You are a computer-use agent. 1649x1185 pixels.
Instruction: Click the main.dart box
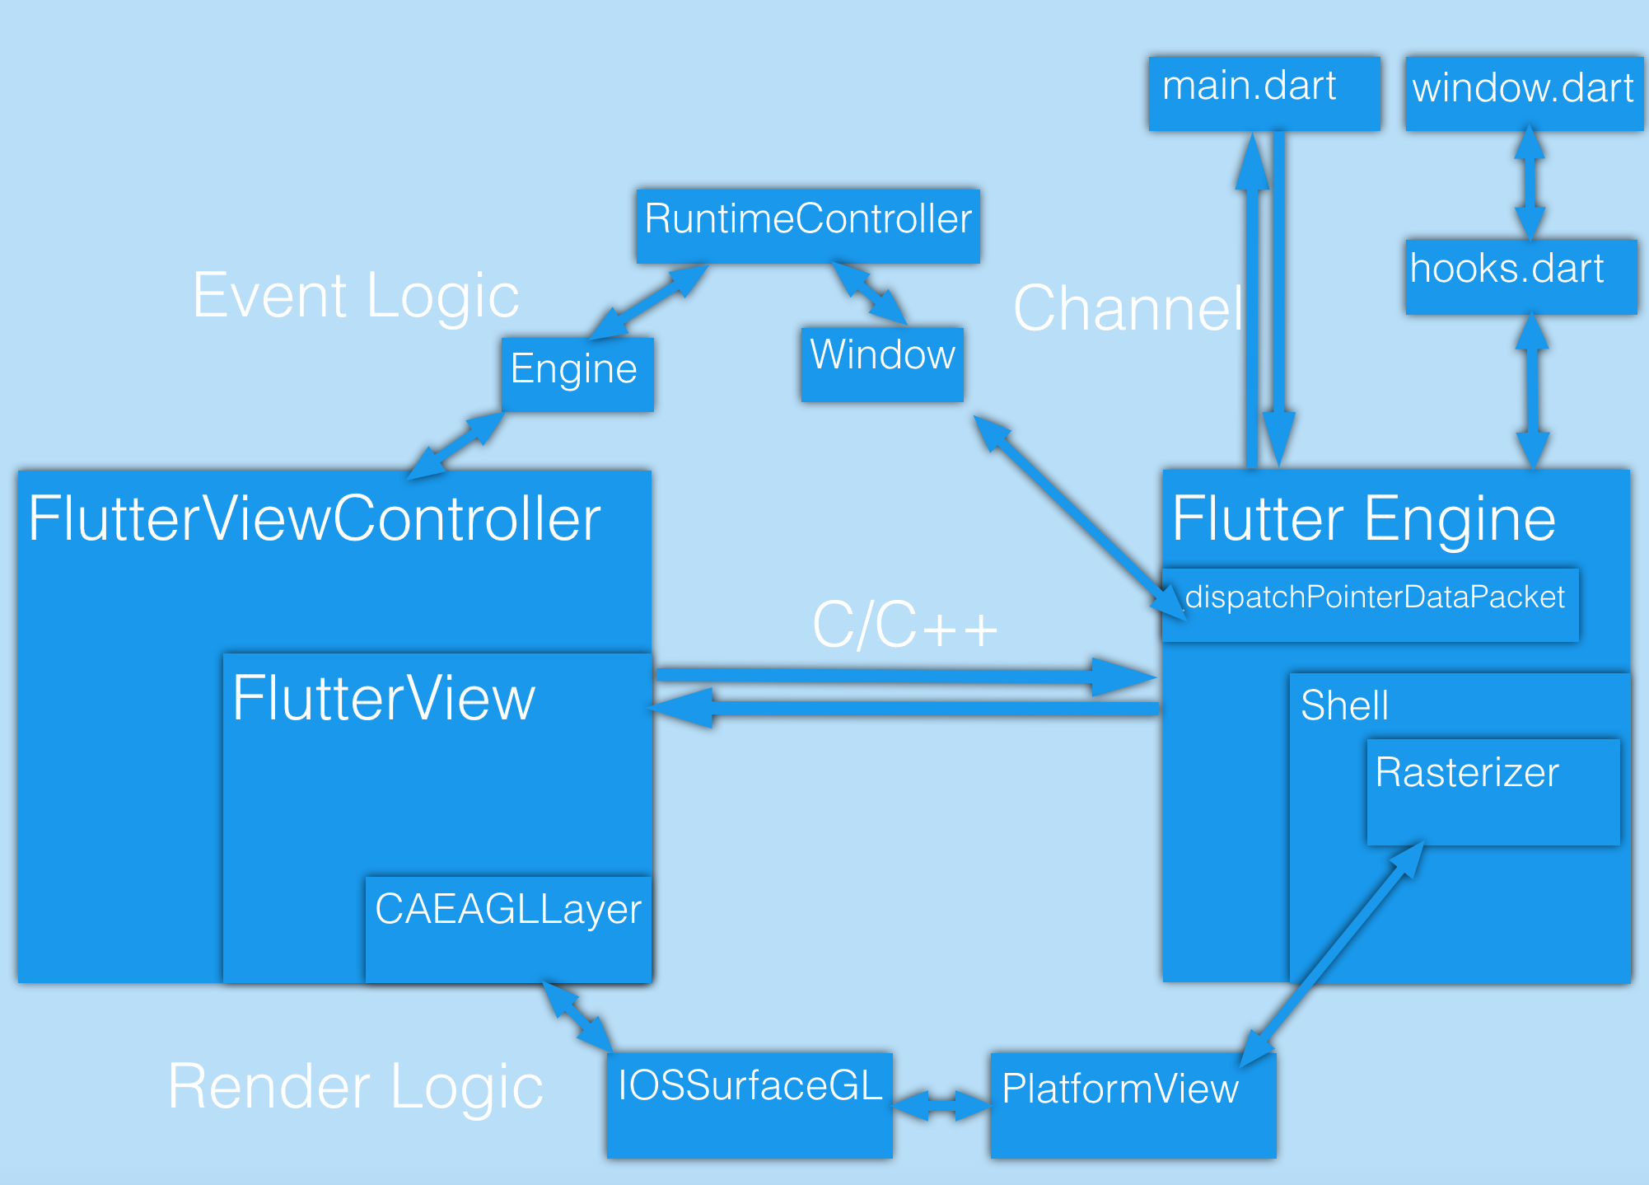[x=1264, y=92]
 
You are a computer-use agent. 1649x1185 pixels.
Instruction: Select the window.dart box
[x=1524, y=92]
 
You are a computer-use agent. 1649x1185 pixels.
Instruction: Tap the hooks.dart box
[x=1521, y=276]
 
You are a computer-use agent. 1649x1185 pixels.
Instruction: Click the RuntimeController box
[x=807, y=225]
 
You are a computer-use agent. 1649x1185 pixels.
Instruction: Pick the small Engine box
[x=577, y=373]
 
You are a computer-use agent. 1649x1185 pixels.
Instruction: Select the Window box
[x=881, y=363]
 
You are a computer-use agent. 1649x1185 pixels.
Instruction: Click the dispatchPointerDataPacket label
[x=1374, y=597]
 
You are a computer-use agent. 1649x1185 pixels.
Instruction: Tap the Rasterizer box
[x=1493, y=791]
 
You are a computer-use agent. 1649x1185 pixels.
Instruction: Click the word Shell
[x=1344, y=705]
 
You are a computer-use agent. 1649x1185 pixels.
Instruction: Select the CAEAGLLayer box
[x=507, y=928]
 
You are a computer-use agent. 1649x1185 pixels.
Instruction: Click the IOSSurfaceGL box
[x=749, y=1103]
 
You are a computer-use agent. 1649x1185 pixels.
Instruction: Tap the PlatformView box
[x=1133, y=1104]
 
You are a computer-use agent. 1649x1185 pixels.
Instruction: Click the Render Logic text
[x=355, y=1086]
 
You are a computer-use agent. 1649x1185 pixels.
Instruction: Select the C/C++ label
[x=904, y=625]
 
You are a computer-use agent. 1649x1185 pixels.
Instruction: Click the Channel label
[x=1128, y=308]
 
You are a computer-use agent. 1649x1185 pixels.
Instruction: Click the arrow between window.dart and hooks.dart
[x=1530, y=183]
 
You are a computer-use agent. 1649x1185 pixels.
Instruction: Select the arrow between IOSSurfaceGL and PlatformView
[x=941, y=1104]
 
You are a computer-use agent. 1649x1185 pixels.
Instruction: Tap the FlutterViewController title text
[x=315, y=519]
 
